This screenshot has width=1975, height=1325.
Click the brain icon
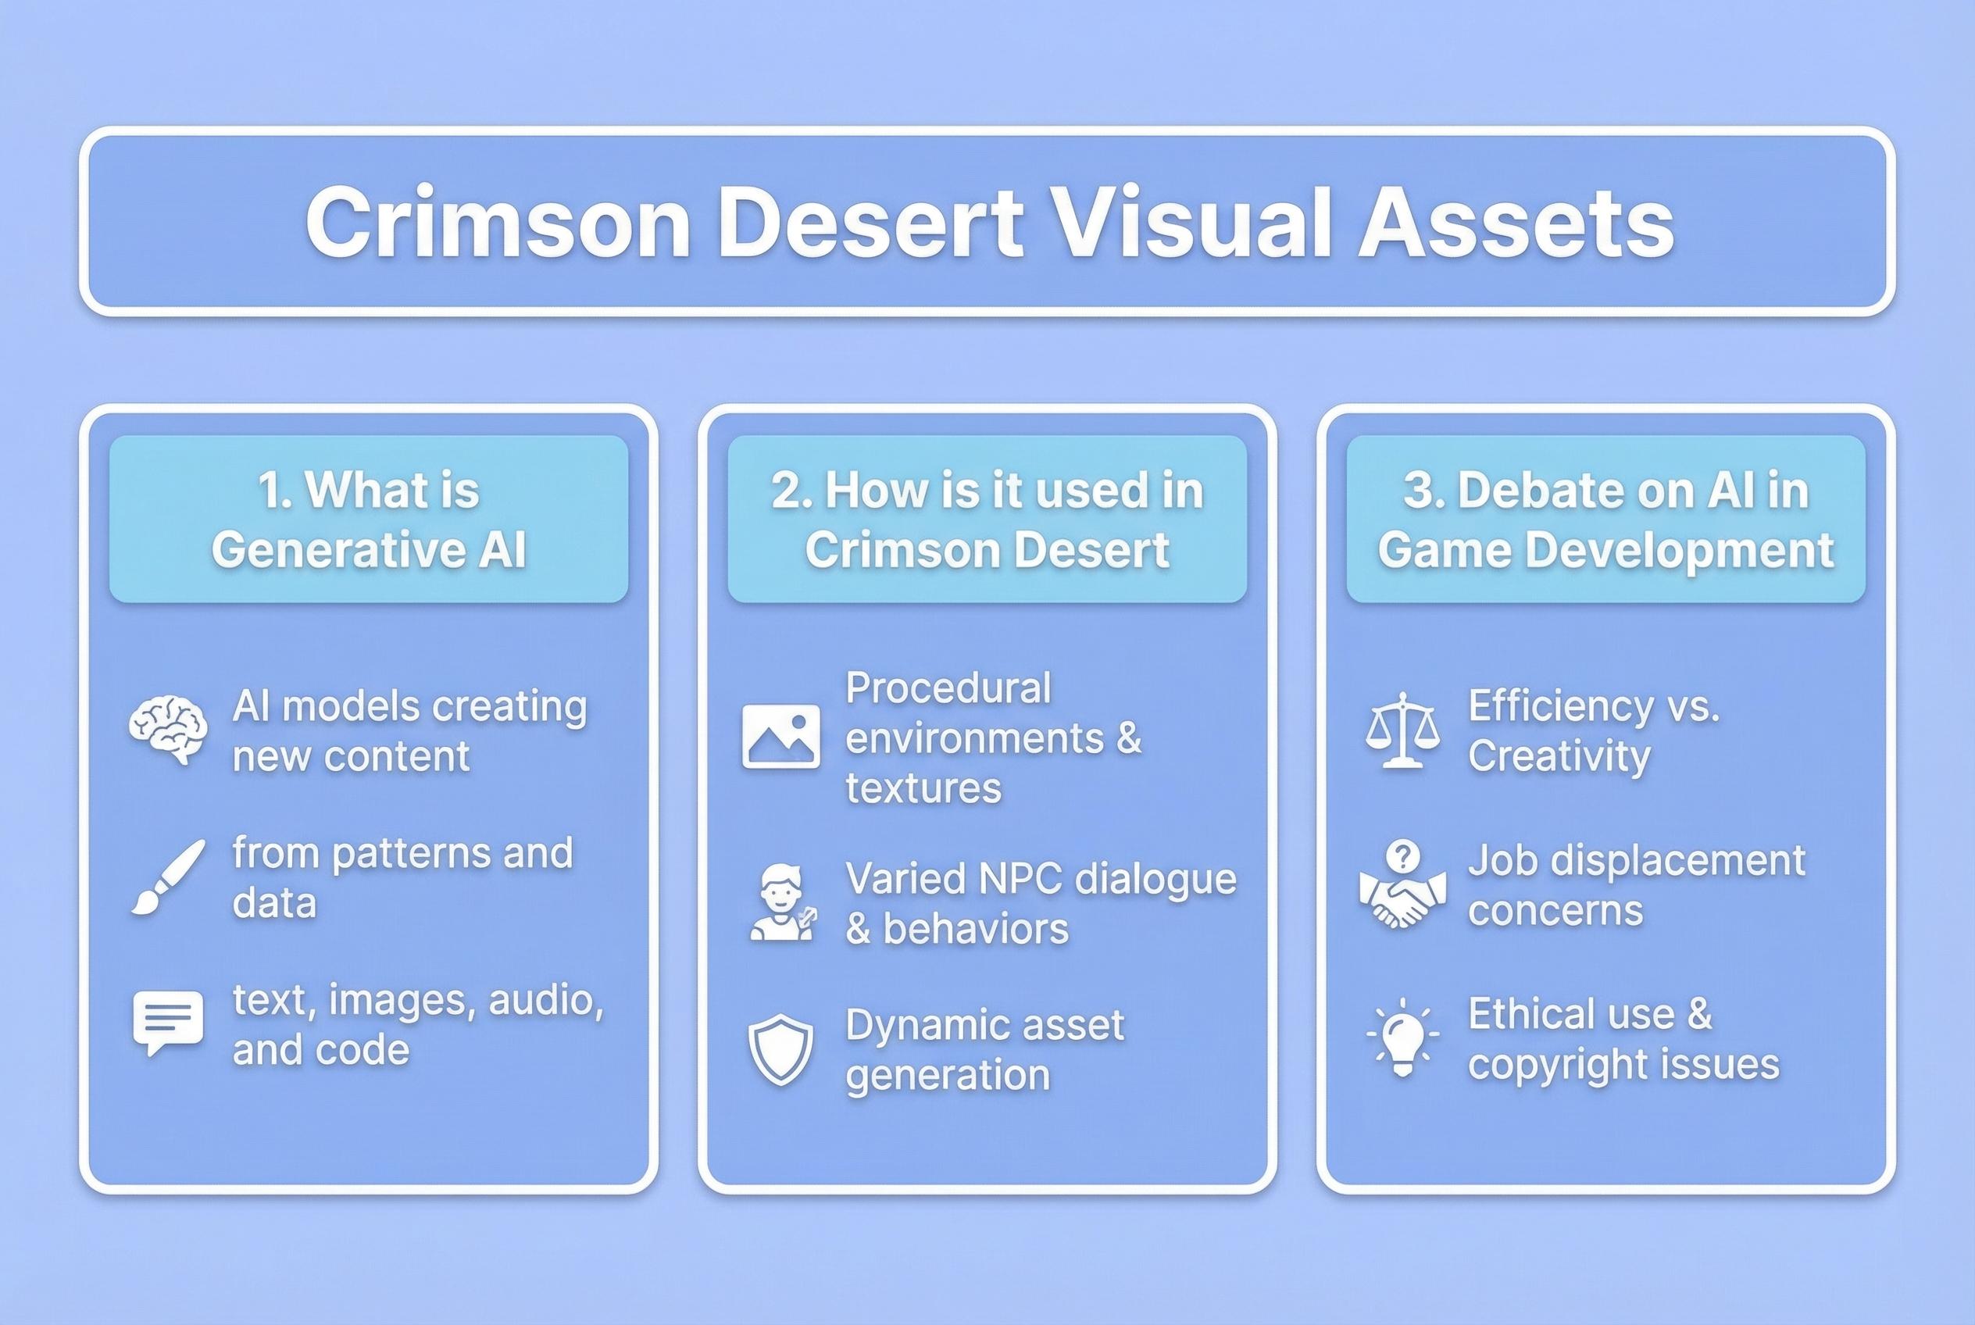[x=167, y=730]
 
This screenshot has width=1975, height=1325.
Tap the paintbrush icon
[x=167, y=877]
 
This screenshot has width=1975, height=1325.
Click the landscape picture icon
[x=780, y=736]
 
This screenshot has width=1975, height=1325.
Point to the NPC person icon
[x=783, y=902]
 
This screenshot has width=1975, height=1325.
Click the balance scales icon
[x=1402, y=730]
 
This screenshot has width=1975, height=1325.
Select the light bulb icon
[x=1402, y=1037]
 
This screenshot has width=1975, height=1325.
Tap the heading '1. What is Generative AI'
[x=369, y=519]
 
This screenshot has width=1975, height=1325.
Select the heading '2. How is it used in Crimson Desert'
[x=987, y=519]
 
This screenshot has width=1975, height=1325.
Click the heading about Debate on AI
[x=1605, y=519]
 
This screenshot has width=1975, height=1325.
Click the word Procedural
[x=948, y=687]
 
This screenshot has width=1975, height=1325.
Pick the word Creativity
[x=1559, y=755]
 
